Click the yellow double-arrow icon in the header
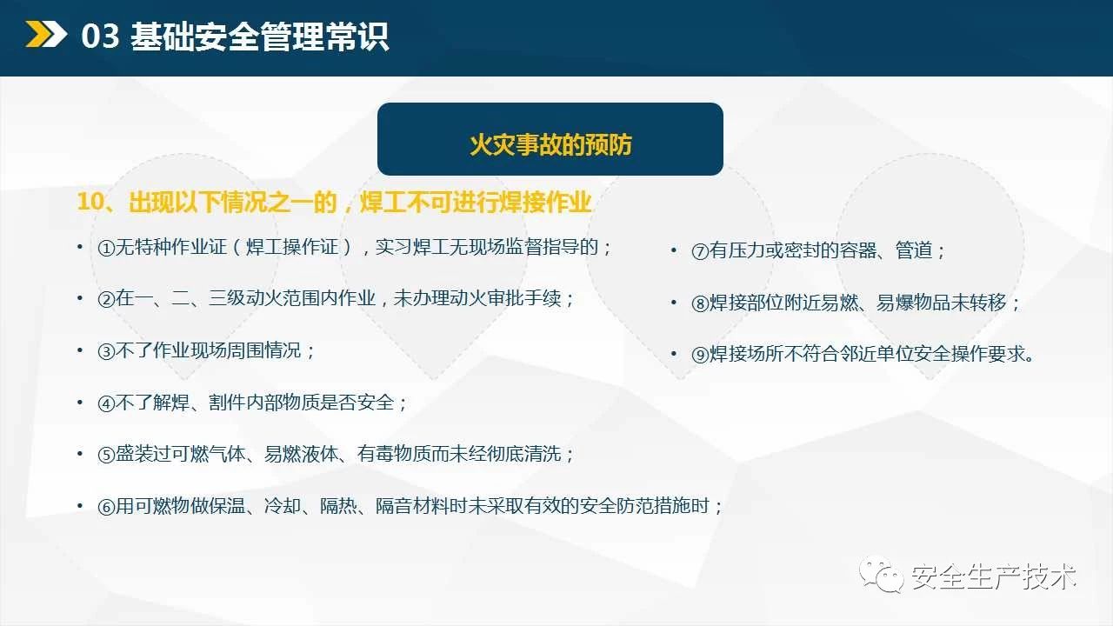[46, 34]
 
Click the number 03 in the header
[100, 36]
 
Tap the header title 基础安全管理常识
[259, 37]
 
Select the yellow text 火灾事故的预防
[550, 144]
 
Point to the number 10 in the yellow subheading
[91, 202]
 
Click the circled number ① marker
[106, 248]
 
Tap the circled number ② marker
[106, 299]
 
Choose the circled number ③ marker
[106, 351]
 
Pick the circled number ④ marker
[106, 403]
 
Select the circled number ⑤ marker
[106, 455]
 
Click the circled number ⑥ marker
[106, 507]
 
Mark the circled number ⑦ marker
[700, 251]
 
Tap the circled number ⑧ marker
[700, 303]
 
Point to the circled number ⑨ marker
[700, 355]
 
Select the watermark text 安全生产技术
[994, 576]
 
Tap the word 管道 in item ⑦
[914, 250]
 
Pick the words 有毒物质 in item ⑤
[394, 454]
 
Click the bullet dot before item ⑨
[674, 354]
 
